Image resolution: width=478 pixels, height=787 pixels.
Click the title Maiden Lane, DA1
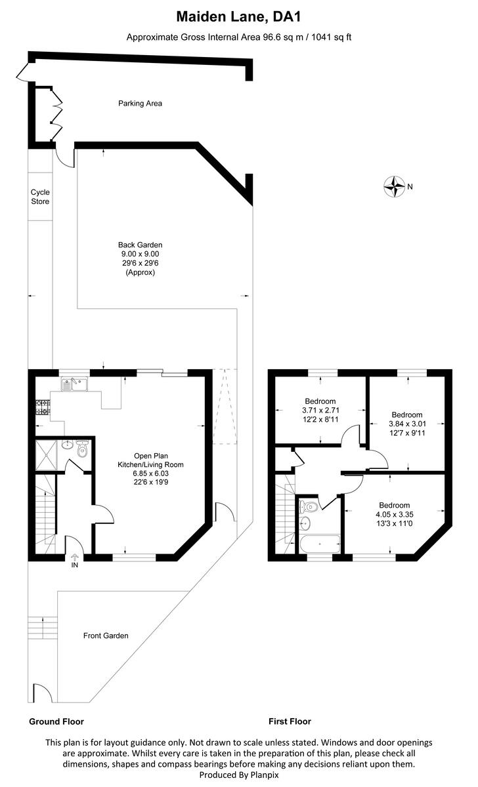pos(238,15)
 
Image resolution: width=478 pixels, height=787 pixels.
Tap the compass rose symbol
pos(394,187)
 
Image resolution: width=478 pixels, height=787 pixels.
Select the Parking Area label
pos(140,103)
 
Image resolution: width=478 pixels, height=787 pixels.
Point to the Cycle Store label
pos(40,197)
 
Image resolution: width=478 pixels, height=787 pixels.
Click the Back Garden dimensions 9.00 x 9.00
pos(140,254)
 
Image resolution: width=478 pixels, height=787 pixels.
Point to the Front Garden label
pos(106,636)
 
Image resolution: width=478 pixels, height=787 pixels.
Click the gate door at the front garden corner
pos(40,693)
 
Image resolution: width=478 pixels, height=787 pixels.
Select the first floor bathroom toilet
pos(309,507)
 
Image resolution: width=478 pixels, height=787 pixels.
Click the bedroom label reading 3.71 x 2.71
pos(320,411)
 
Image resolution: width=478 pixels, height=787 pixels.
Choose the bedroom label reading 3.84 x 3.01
pos(407,424)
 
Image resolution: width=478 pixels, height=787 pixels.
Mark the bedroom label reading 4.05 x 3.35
pos(394,514)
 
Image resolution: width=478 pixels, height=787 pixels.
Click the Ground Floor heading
pos(56,721)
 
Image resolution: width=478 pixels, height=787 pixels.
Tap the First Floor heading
pos(290,721)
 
